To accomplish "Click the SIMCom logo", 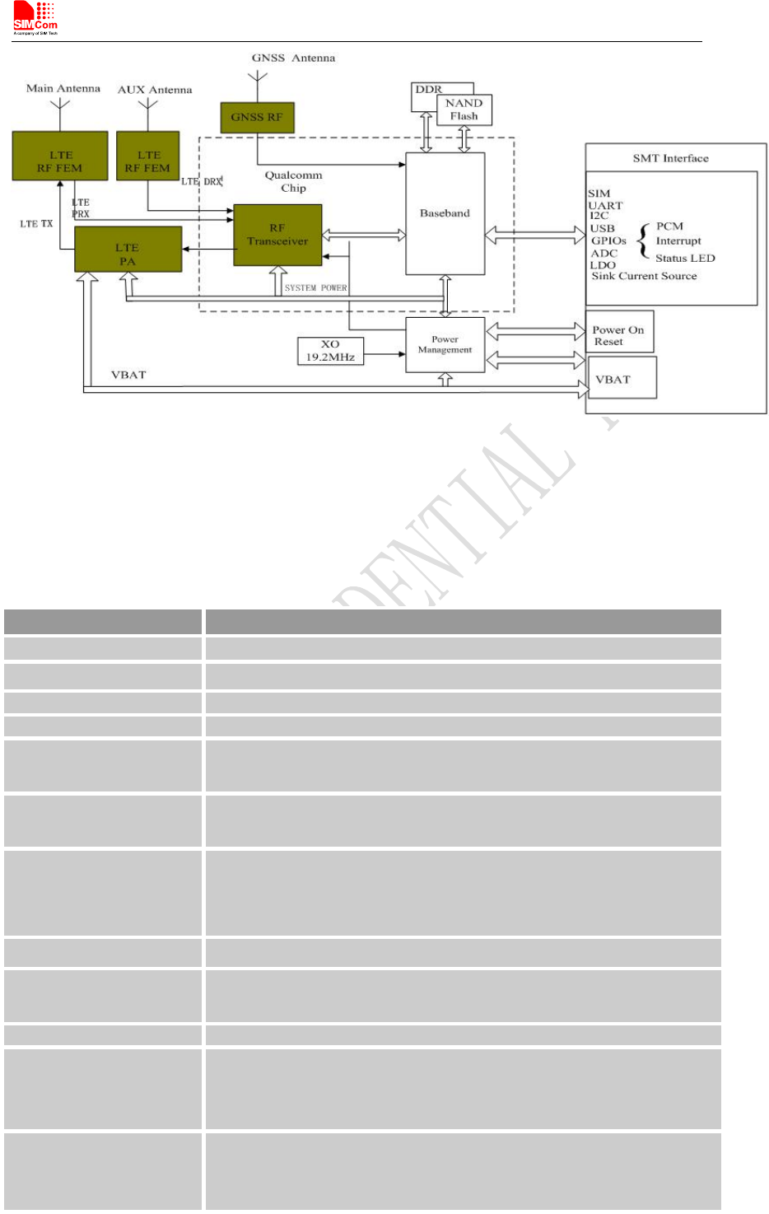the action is coord(35,19).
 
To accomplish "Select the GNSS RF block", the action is coord(257,117).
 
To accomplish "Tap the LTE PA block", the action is coord(128,250).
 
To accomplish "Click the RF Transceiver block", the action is coord(277,235).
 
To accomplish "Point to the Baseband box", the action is coord(445,213).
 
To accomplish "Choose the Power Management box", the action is coord(445,344).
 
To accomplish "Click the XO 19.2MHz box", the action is coord(330,351).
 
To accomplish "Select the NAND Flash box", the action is coord(464,110).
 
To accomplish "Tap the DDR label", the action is coord(428,89).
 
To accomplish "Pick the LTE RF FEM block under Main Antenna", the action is coord(60,156).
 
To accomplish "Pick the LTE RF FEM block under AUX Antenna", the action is coord(147,156).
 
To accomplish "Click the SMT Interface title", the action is coord(670,158).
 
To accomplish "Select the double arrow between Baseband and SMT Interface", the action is coord(534,236).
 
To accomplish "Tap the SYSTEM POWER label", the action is coord(315,288).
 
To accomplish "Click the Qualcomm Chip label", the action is coord(293,181).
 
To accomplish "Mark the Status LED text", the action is coord(685,258).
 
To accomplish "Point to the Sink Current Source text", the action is coord(644,276).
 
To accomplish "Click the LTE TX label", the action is coord(36,224).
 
